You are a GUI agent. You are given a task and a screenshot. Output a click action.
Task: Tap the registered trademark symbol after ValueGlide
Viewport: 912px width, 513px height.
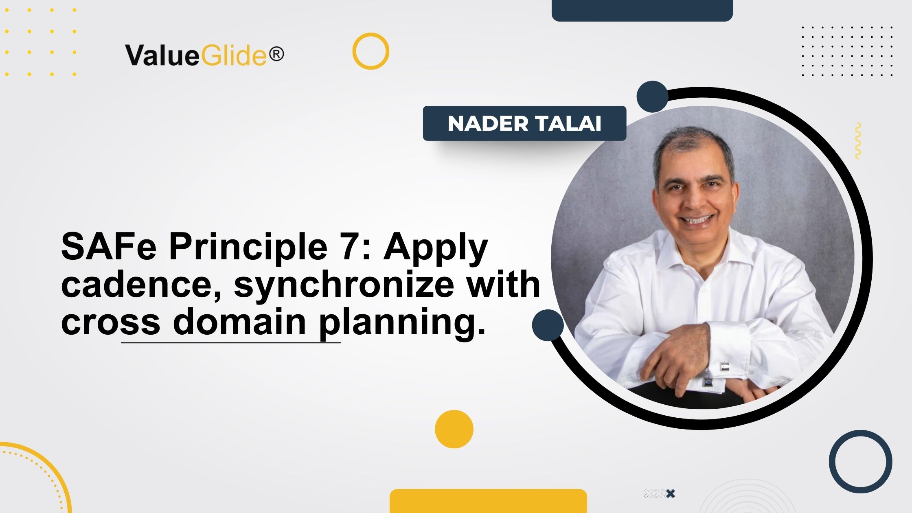(276, 54)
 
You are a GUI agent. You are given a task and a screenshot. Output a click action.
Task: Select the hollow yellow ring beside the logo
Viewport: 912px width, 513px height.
(370, 51)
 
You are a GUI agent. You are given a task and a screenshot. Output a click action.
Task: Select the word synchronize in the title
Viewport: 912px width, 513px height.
(344, 284)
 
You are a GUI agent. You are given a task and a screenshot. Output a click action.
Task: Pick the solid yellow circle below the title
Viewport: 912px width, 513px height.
(454, 429)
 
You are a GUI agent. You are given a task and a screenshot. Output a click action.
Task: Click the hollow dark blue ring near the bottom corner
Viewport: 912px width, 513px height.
(860, 462)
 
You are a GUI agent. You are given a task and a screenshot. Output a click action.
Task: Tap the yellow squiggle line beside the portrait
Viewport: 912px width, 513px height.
(858, 140)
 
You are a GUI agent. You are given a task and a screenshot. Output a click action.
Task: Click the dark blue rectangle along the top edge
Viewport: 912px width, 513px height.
(642, 10)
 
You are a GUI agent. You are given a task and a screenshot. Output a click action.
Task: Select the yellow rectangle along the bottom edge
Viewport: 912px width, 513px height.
(488, 501)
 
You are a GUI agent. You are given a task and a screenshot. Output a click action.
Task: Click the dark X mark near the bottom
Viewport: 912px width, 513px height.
(671, 493)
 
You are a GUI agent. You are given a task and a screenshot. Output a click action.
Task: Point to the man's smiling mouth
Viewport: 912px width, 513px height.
(697, 220)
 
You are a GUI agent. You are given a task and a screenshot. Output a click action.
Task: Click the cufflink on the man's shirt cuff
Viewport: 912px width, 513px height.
(724, 366)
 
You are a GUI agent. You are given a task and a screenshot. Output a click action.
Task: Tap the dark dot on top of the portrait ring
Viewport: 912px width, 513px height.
(652, 96)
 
